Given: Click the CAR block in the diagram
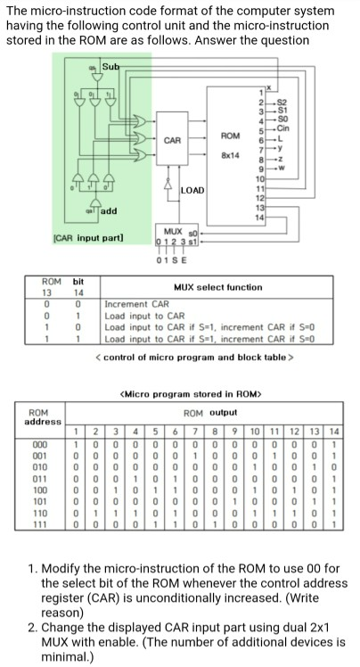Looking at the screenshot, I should [x=173, y=140].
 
